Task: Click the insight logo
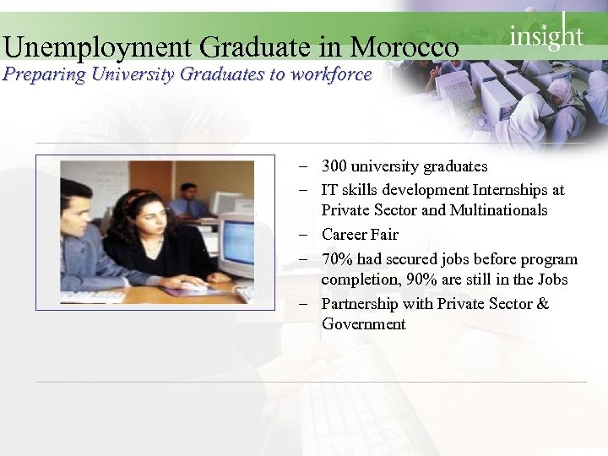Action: coord(546,35)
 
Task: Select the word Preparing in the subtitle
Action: coord(43,74)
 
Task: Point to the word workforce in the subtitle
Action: coord(330,74)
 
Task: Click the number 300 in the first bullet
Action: coord(334,166)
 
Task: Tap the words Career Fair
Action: coord(360,235)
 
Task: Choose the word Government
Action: coord(363,324)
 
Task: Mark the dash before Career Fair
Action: coord(302,235)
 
